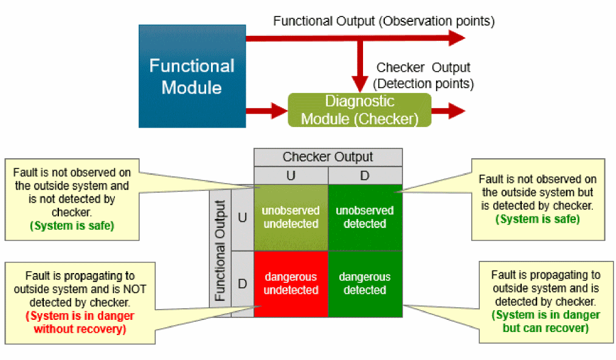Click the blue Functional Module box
point(192,76)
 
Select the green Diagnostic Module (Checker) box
point(359,110)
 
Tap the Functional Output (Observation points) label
point(384,21)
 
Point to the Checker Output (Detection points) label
point(423,75)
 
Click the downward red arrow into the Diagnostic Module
point(361,67)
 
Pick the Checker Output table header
point(328,157)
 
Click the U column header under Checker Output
point(291,175)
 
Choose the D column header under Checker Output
point(365,175)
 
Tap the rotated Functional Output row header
point(220,251)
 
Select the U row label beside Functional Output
point(243,217)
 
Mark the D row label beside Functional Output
point(243,284)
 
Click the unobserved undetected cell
point(291,217)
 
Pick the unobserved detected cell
point(365,217)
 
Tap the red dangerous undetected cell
point(291,284)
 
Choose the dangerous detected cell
point(365,284)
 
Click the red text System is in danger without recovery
point(80,323)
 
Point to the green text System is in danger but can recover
point(546,322)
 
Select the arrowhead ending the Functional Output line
point(456,38)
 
